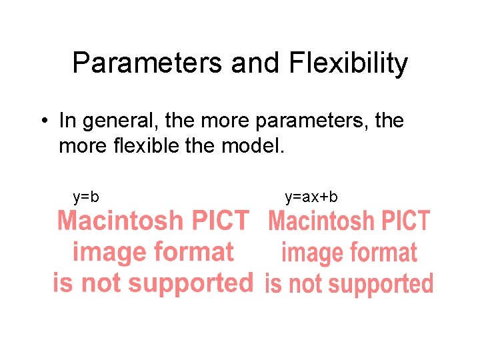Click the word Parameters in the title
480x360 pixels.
148,64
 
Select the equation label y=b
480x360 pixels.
86,197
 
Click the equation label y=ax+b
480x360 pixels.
311,197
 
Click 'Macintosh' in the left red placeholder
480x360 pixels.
120,220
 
